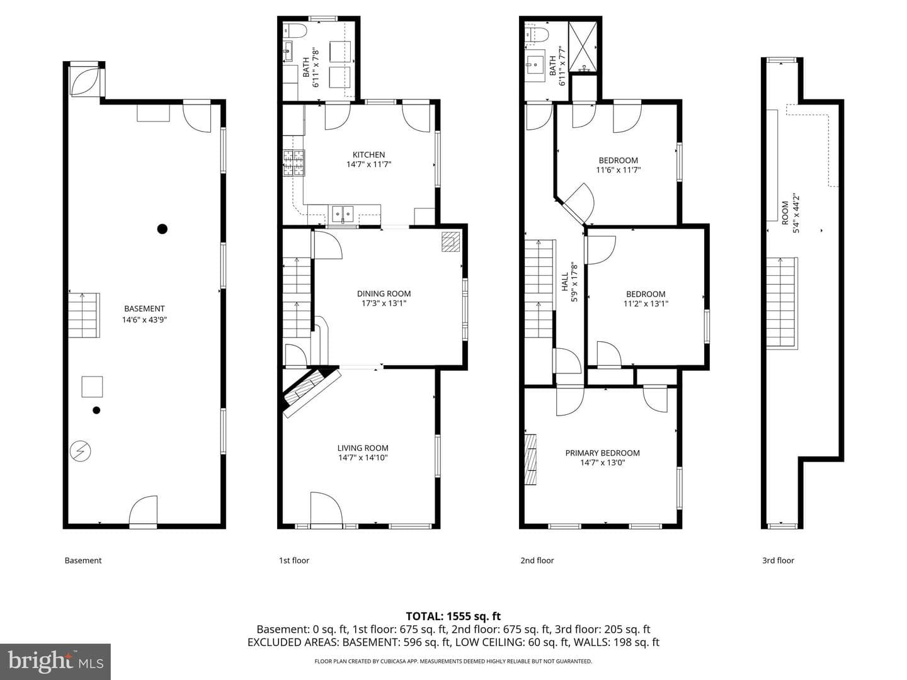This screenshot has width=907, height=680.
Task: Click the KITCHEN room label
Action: click(x=368, y=155)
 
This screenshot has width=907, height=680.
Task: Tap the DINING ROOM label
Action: click(x=384, y=293)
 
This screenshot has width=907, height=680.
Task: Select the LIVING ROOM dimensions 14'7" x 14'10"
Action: click(x=363, y=458)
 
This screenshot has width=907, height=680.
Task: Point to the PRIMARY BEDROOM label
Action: click(x=603, y=453)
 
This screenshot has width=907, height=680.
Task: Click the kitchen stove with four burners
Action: click(x=294, y=162)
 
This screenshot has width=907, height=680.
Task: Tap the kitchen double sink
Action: click(x=343, y=214)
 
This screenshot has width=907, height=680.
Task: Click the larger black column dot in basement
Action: click(x=163, y=229)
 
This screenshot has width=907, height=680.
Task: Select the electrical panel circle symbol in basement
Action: click(x=81, y=451)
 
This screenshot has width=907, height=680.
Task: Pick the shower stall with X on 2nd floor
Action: click(x=583, y=47)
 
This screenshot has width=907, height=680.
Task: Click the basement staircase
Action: click(x=84, y=315)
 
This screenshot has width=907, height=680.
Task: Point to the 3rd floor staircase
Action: click(x=782, y=303)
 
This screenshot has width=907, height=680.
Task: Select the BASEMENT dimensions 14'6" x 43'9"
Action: click(x=144, y=320)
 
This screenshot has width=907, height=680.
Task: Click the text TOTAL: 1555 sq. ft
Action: click(x=453, y=616)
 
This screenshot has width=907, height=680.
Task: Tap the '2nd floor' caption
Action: click(x=537, y=560)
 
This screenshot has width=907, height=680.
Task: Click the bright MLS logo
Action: click(x=55, y=661)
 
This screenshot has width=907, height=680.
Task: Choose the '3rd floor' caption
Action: click(x=778, y=560)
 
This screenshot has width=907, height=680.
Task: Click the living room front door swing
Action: click(x=326, y=508)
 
